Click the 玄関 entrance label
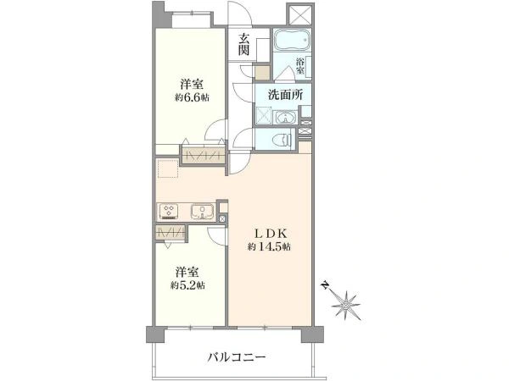[243, 44]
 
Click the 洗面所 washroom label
[285, 96]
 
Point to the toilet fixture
[283, 141]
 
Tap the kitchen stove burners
[167, 212]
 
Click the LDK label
[269, 232]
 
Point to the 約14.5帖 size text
[269, 247]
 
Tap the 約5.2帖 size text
[187, 285]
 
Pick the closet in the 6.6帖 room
[204, 154]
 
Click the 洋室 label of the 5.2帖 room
[187, 272]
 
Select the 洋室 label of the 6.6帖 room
[192, 85]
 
